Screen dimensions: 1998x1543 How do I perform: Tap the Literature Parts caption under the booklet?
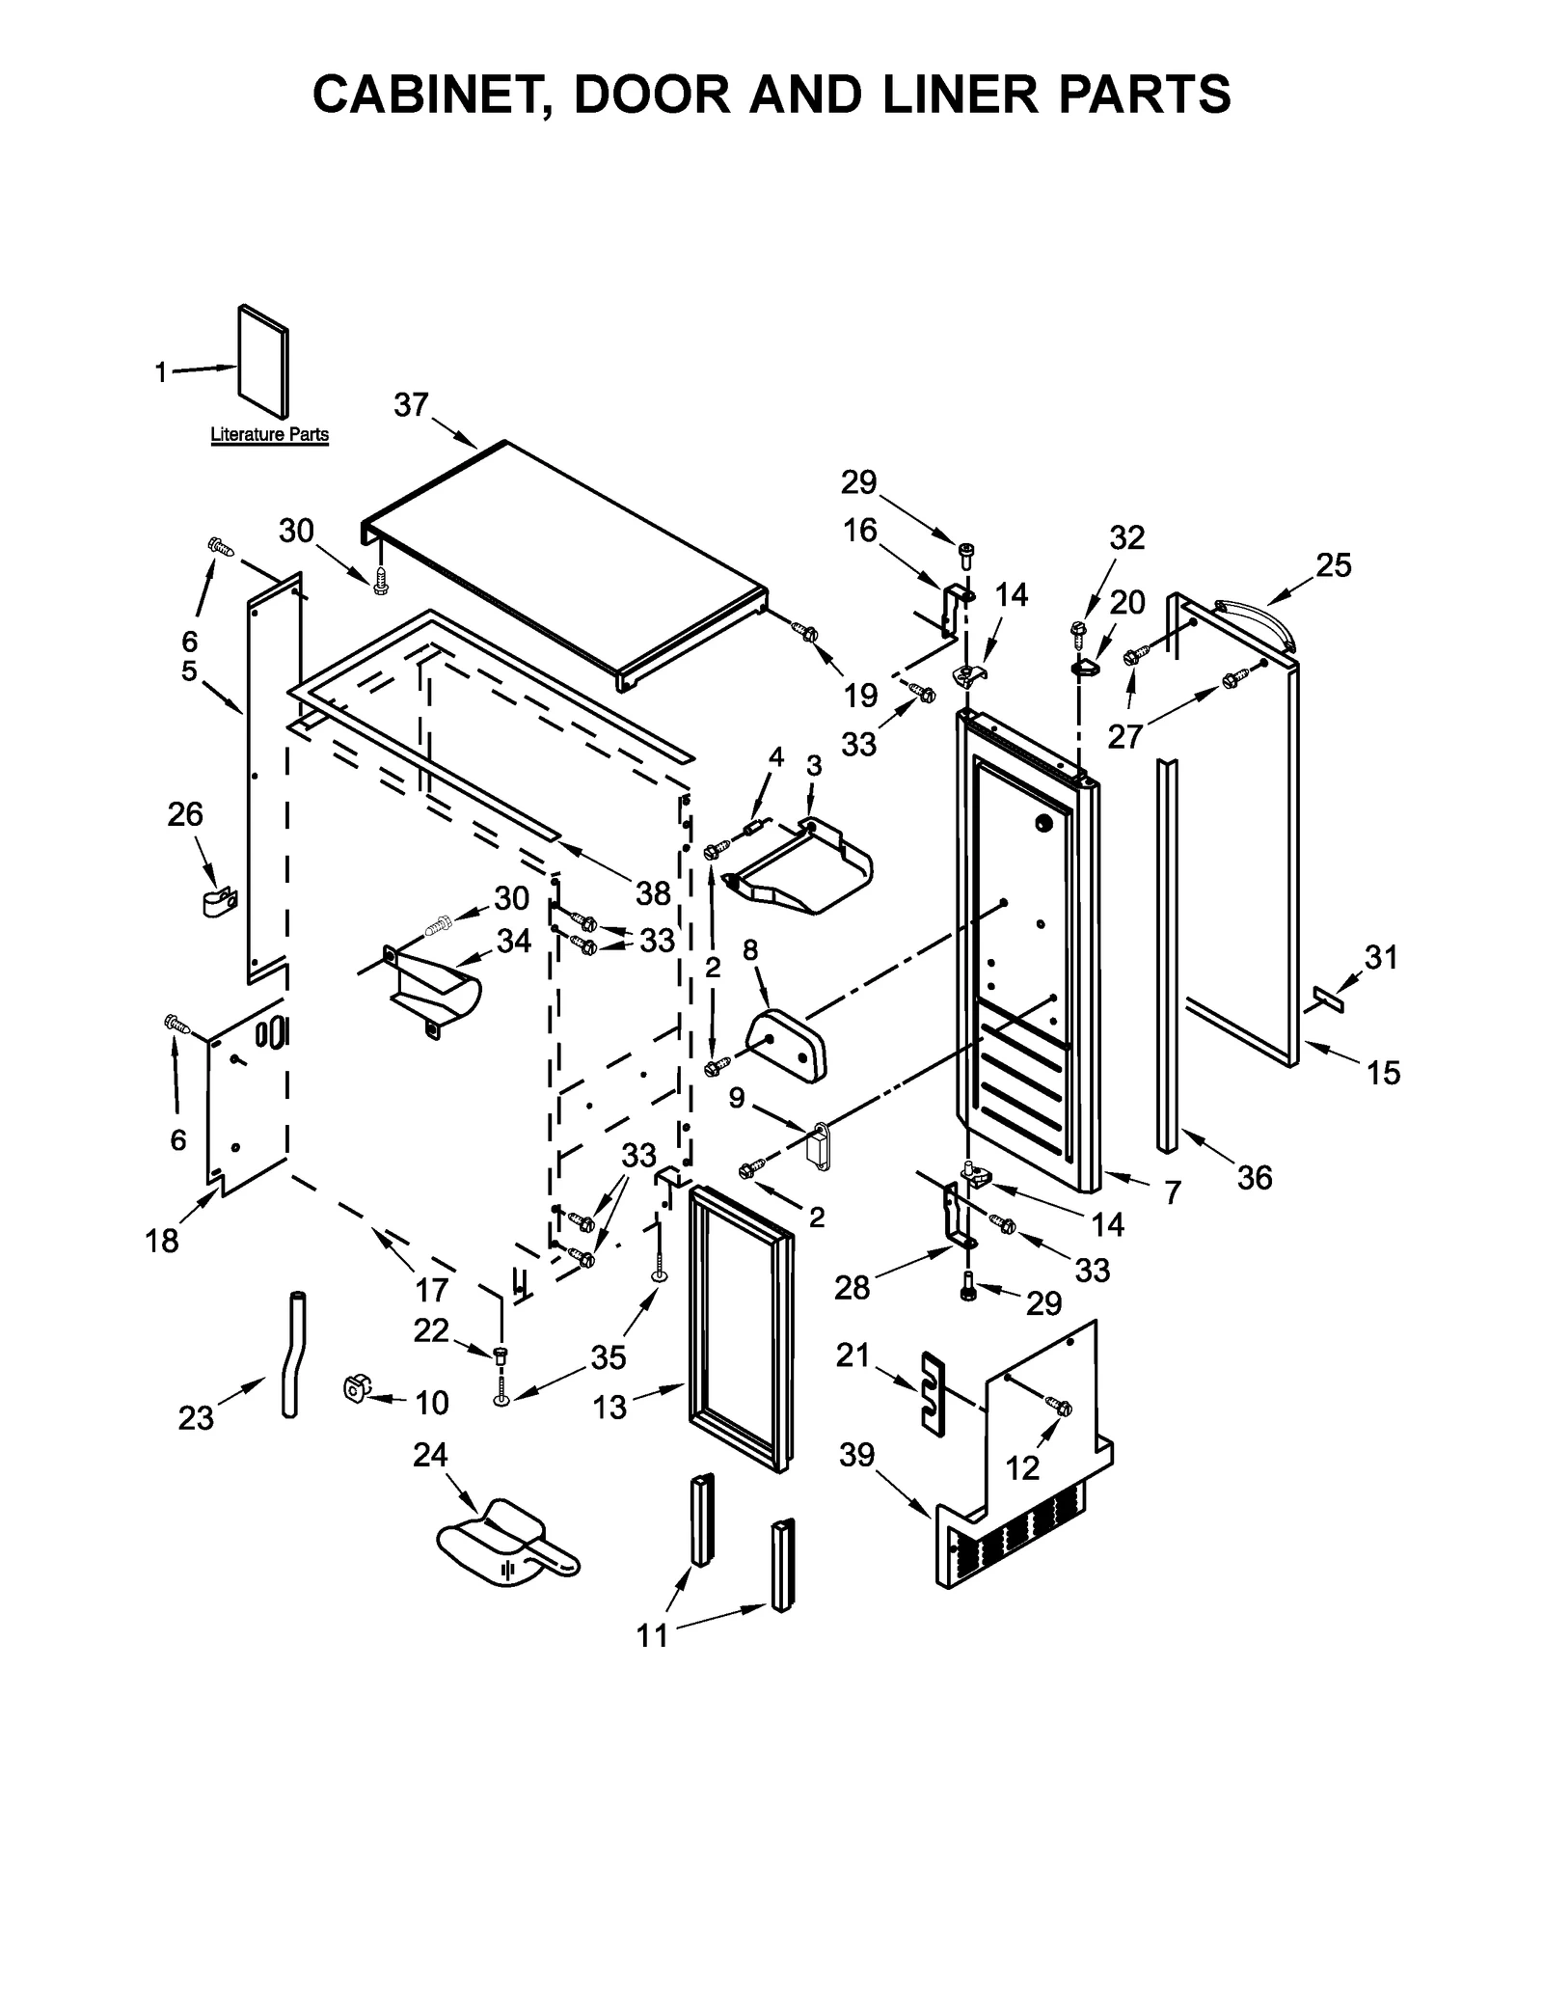point(269,435)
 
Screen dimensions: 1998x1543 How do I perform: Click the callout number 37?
point(411,405)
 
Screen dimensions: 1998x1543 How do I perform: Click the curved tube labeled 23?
point(290,1355)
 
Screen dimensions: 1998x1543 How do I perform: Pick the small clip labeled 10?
point(355,1389)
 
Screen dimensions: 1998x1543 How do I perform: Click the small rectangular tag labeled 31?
point(1328,999)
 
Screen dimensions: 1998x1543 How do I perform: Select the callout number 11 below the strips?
point(652,1635)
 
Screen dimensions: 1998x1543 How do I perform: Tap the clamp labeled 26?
point(220,903)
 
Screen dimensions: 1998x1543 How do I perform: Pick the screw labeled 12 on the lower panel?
point(1062,1409)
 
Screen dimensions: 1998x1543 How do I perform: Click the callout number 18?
point(162,1240)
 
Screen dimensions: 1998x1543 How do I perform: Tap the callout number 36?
point(1255,1177)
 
